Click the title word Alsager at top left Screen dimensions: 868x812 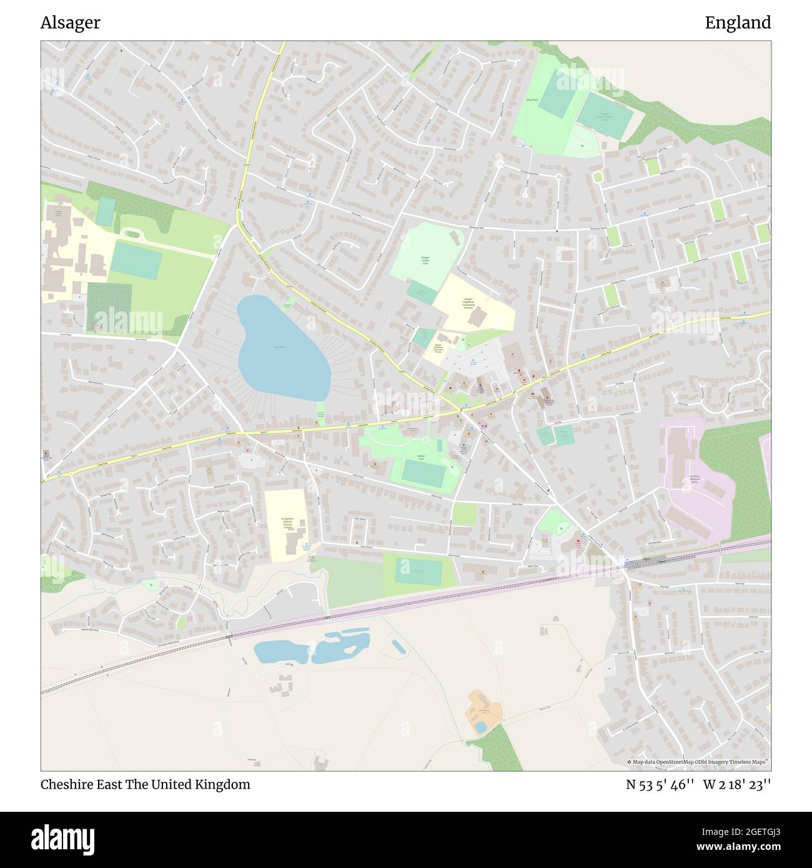pos(70,23)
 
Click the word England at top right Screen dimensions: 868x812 pos(738,23)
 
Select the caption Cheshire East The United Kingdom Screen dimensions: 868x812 pos(146,784)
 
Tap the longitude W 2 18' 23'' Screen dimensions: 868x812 pos(737,784)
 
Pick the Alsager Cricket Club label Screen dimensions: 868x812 pos(425,260)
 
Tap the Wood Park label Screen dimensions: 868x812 pos(532,99)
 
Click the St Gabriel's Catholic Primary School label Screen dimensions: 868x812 pos(287,522)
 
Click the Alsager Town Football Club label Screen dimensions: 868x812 pos(604,117)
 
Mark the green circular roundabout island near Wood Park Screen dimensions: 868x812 pos(598,177)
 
